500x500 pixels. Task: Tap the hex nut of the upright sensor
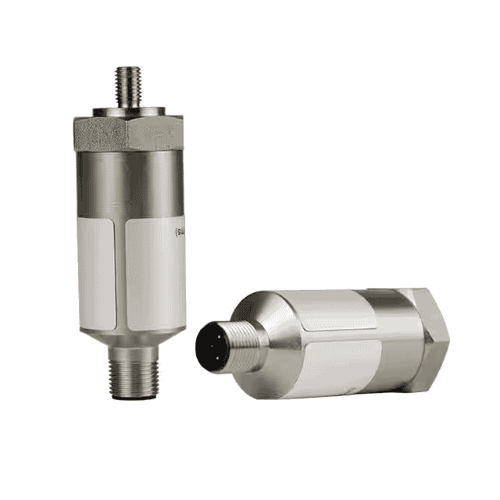[x=129, y=133]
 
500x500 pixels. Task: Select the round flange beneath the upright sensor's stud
[x=129, y=110]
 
